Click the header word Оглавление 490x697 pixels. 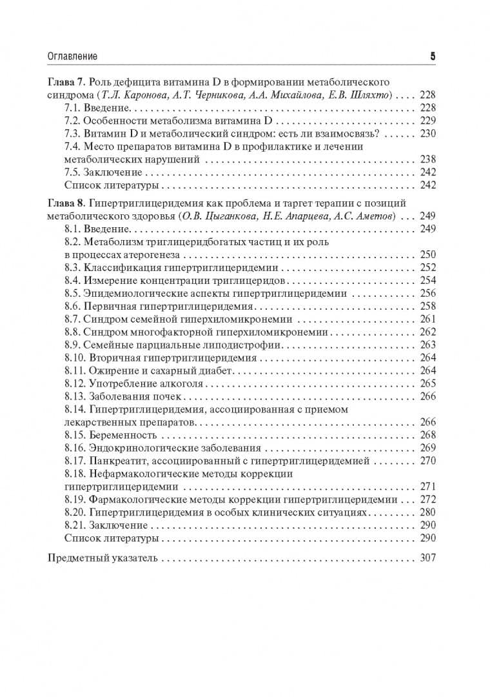pos(73,57)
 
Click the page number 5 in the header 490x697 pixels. pos(433,57)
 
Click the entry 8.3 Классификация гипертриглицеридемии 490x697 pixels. pos(171,267)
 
